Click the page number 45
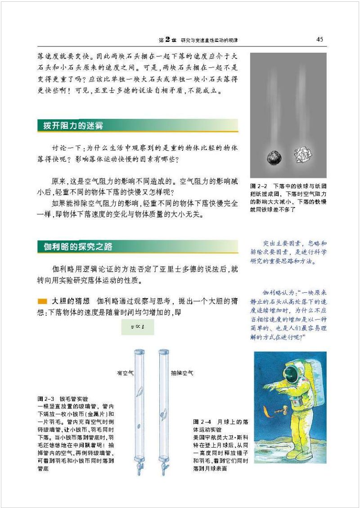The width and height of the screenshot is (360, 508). pos(319,40)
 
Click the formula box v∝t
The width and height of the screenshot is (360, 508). pos(138,327)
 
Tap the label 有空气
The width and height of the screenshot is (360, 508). pos(125,373)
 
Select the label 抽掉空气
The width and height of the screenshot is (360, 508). pos(182,373)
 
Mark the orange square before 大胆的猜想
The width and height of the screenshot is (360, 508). pos(42,301)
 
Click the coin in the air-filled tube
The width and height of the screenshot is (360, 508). pos(139,425)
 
